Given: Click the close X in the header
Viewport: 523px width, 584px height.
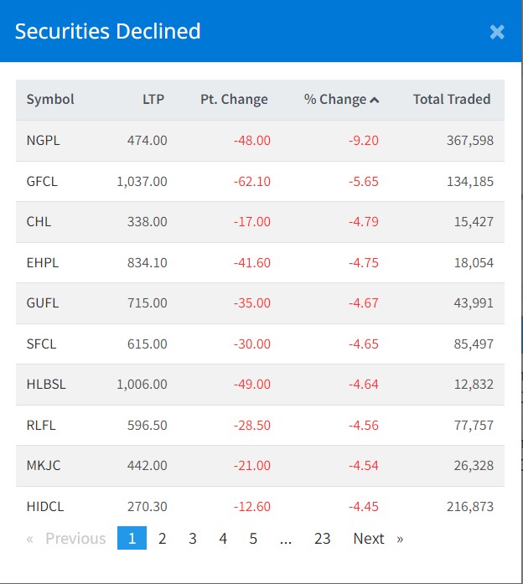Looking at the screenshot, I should pos(497,32).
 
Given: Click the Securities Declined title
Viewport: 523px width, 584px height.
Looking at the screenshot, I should pos(107,32).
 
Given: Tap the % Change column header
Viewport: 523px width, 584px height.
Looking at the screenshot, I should pos(341,99).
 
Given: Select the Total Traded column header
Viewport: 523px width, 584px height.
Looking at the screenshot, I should pos(451,99).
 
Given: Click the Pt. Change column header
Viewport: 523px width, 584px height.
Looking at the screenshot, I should pos(234,99).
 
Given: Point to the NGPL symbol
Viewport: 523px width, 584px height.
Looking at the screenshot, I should pos(44,140).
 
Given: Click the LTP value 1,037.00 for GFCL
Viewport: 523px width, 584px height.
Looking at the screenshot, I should pos(142,181).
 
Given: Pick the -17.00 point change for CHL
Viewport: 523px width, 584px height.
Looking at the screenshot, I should pos(252,222).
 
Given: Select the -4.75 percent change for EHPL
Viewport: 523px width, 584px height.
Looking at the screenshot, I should pos(364,262).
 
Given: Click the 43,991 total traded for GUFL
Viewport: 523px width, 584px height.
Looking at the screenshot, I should pos(474,303).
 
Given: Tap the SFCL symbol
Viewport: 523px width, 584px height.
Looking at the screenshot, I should pos(43,344).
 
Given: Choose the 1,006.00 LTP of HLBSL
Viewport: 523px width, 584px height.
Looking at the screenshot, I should pos(142,385).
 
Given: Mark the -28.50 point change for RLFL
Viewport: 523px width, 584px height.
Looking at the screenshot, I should pos(252,425).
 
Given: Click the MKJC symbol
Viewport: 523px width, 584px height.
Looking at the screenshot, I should pos(44,466).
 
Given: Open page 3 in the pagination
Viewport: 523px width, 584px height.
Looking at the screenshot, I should pos(193,539).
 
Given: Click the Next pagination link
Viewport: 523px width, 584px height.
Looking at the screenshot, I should pos(369,539).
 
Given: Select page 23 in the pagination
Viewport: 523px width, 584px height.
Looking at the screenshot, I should pos(323,539).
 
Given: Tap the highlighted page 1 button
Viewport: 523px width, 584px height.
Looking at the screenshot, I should pos(132,539).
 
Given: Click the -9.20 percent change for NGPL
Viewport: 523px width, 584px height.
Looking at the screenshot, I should pos(364,140).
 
